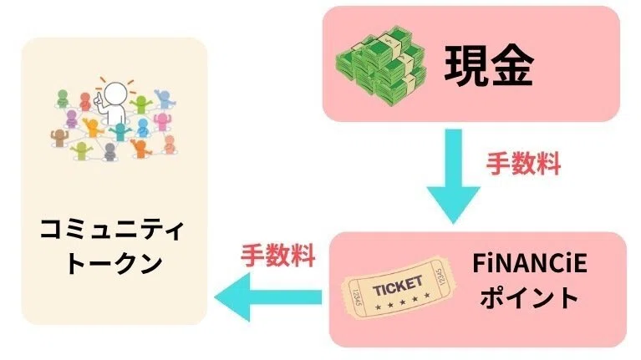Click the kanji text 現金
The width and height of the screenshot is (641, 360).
[489, 66]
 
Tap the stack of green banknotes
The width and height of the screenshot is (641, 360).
[380, 67]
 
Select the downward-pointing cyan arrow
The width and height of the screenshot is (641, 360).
[453, 176]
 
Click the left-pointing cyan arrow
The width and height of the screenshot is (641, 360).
[267, 297]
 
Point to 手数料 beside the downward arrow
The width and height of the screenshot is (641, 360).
[523, 164]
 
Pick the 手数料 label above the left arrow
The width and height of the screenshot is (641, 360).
[277, 256]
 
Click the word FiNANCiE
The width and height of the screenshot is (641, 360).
[530, 264]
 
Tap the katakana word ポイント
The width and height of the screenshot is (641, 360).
[529, 297]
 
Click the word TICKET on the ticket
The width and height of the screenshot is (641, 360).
[397, 286]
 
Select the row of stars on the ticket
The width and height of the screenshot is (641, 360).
[403, 302]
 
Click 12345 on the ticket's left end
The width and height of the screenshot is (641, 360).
[356, 298]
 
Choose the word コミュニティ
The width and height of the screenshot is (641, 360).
[112, 230]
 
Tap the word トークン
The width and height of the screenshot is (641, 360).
[114, 264]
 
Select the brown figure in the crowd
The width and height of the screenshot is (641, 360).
[59, 138]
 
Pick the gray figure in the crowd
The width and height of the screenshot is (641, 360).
[109, 151]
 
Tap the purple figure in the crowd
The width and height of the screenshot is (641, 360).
[72, 119]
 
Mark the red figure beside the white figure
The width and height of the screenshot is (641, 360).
[85, 101]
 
